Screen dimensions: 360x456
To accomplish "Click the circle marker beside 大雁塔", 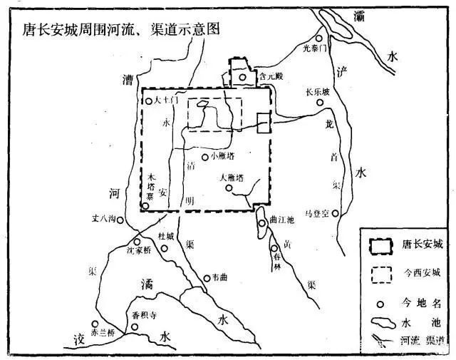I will [229, 188].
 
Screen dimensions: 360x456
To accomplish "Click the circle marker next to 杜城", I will [165, 249].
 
